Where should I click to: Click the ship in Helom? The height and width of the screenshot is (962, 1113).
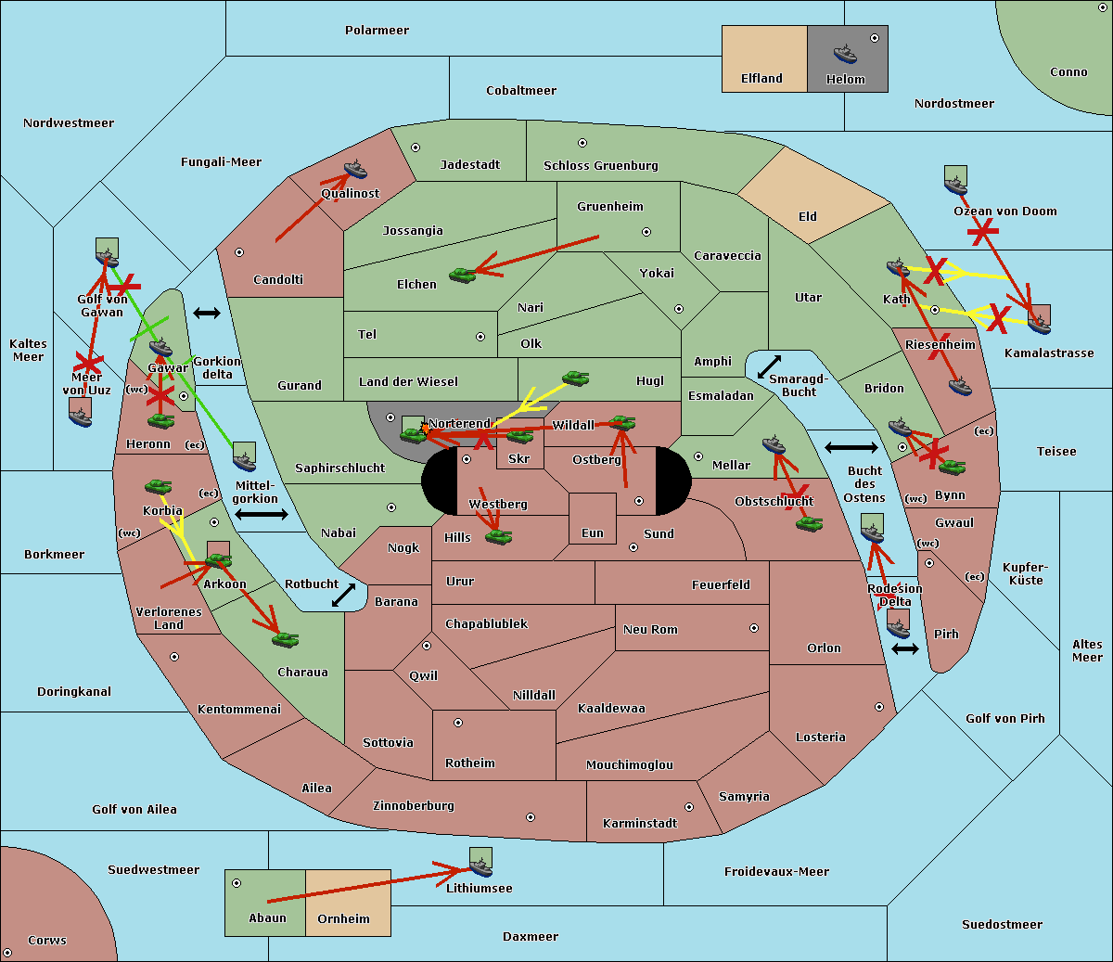[x=845, y=55]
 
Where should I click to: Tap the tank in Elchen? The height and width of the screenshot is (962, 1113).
[x=463, y=276]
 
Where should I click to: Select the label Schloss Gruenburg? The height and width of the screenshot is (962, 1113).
[x=600, y=165]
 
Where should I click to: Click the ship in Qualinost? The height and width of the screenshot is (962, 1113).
[x=355, y=169]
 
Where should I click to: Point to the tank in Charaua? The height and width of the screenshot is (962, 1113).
[x=285, y=640]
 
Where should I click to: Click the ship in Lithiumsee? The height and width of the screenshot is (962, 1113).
[x=480, y=866]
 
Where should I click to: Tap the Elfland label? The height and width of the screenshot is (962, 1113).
[x=761, y=79]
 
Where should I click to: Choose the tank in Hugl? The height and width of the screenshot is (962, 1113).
[x=575, y=378]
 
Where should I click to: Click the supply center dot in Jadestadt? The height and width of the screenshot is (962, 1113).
[x=416, y=148]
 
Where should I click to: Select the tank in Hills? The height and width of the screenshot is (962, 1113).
[x=499, y=536]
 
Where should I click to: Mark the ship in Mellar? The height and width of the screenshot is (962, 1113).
[x=774, y=445]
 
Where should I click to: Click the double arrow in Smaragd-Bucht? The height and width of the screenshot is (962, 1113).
[x=769, y=366]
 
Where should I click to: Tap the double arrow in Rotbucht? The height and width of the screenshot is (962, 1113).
[x=343, y=596]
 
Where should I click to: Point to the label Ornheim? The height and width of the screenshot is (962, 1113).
[x=343, y=918]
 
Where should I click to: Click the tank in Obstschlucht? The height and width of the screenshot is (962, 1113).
[x=810, y=523]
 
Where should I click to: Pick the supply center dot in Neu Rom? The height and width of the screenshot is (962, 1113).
[x=754, y=628]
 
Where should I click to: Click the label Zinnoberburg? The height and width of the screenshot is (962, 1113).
[x=414, y=805]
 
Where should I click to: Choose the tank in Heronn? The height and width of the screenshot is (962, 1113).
[x=161, y=420]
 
